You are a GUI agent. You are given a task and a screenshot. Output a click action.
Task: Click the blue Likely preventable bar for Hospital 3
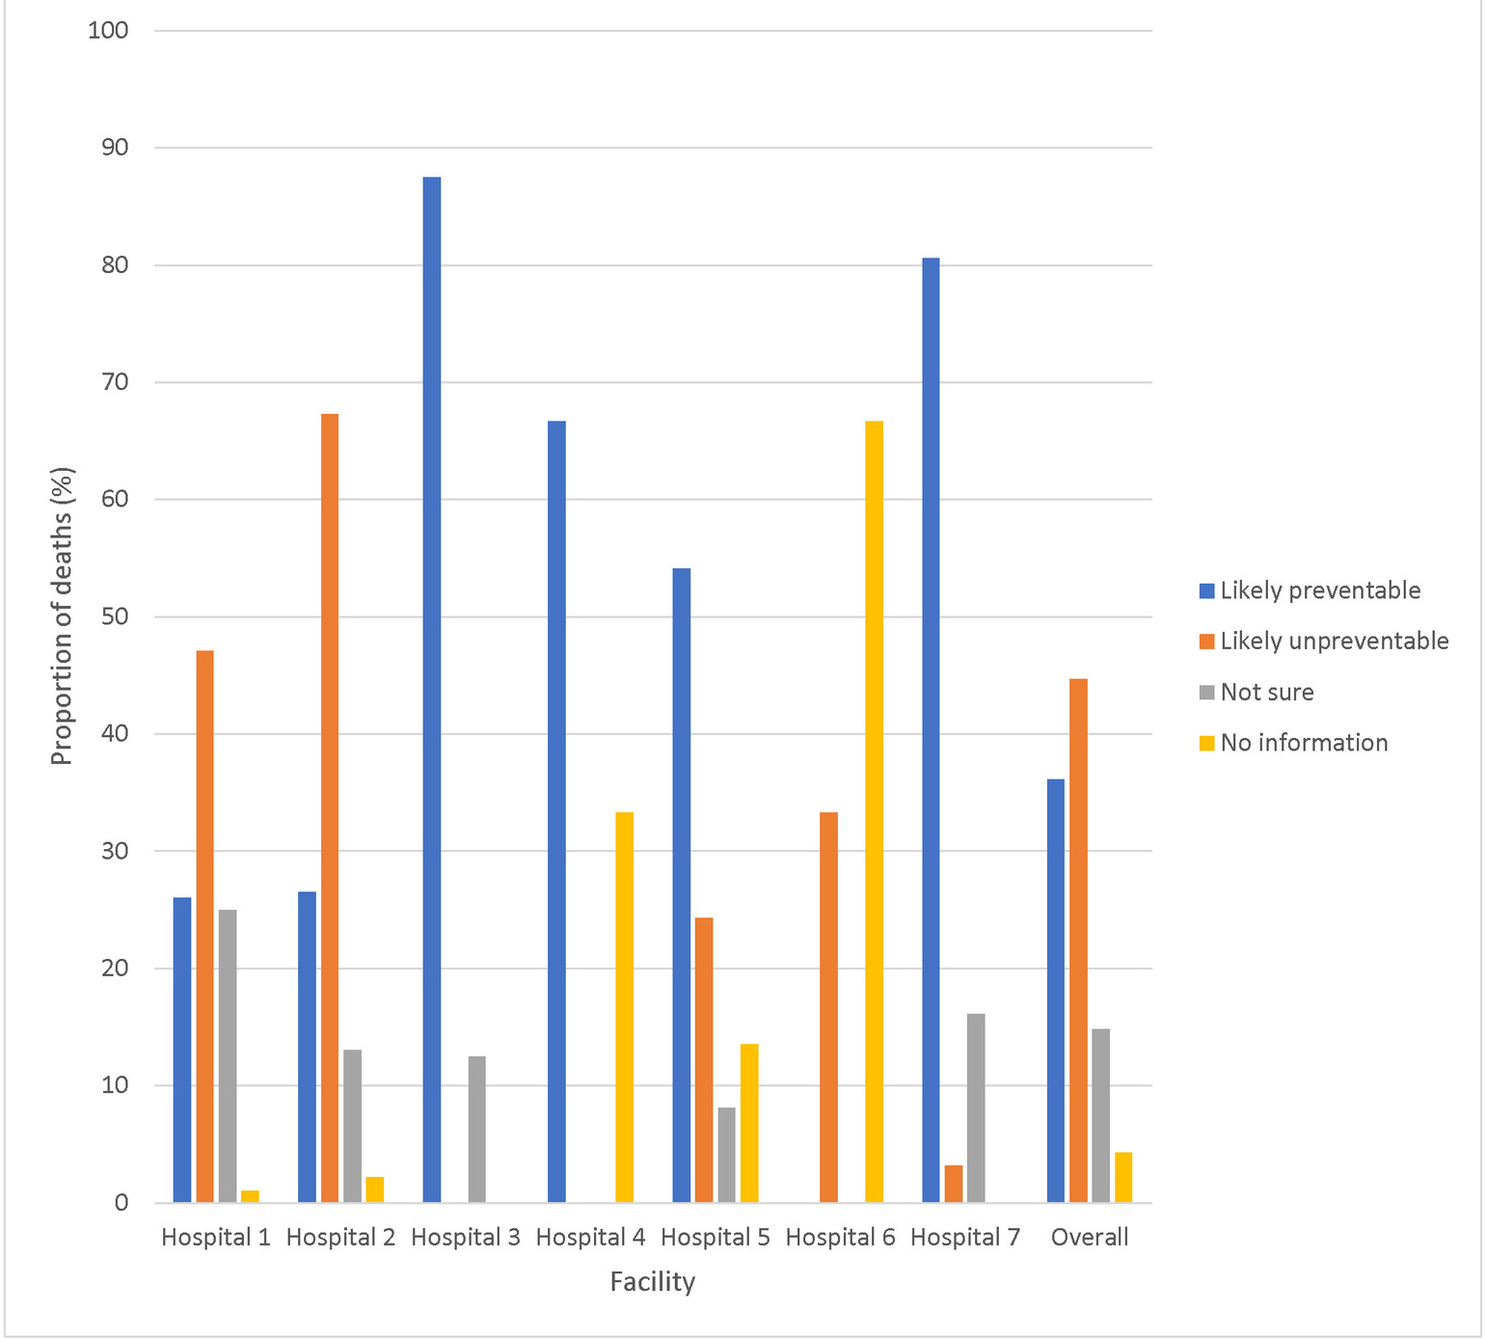[x=431, y=690]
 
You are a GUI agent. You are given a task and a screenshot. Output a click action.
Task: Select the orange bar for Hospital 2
[x=330, y=807]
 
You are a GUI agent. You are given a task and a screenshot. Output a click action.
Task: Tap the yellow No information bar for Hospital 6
[x=874, y=811]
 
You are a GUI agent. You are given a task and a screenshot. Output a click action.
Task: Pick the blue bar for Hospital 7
[x=931, y=730]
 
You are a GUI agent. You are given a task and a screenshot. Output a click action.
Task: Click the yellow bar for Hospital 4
[x=624, y=1007]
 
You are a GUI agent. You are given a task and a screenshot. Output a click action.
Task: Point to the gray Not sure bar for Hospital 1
[x=228, y=1055]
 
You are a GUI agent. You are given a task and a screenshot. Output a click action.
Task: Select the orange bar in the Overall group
[x=1078, y=941]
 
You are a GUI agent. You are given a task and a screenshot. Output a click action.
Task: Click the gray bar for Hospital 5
[x=726, y=1155]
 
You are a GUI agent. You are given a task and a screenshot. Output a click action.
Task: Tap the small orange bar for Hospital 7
[x=954, y=1184]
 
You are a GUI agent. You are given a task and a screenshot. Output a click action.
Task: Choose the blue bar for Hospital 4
[x=556, y=811]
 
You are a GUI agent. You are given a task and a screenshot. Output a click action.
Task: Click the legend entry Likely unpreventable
[x=1334, y=642]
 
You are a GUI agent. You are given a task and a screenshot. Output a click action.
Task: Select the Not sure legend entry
[x=1266, y=693]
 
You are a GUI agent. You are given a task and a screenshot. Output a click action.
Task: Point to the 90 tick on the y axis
[x=115, y=148]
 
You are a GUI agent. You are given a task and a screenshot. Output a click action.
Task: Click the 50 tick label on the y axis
[x=115, y=616]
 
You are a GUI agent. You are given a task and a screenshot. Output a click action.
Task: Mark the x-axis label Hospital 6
[x=840, y=1238]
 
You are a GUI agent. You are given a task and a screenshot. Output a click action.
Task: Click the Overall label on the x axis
[x=1090, y=1238]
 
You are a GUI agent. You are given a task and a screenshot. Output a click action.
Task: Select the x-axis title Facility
[x=652, y=1282]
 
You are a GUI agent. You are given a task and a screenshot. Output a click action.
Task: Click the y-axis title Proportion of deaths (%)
[x=63, y=616]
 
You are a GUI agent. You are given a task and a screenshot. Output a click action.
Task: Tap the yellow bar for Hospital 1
[x=250, y=1196]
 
